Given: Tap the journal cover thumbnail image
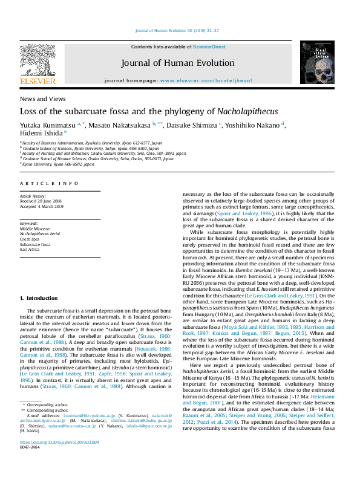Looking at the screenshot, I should click(317, 62).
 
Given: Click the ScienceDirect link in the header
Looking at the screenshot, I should click(210, 47).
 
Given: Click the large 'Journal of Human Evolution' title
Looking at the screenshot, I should click(178, 63).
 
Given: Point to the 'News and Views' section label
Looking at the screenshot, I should click(43, 99).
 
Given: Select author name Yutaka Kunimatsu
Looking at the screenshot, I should click(50, 125).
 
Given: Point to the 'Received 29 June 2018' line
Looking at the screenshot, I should click(41, 201).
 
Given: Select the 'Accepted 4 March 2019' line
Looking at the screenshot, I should click(42, 206).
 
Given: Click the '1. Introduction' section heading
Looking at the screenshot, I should click(39, 298).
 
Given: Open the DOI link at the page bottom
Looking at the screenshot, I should click(59, 459).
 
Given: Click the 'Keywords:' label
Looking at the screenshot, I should click(29, 224).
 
